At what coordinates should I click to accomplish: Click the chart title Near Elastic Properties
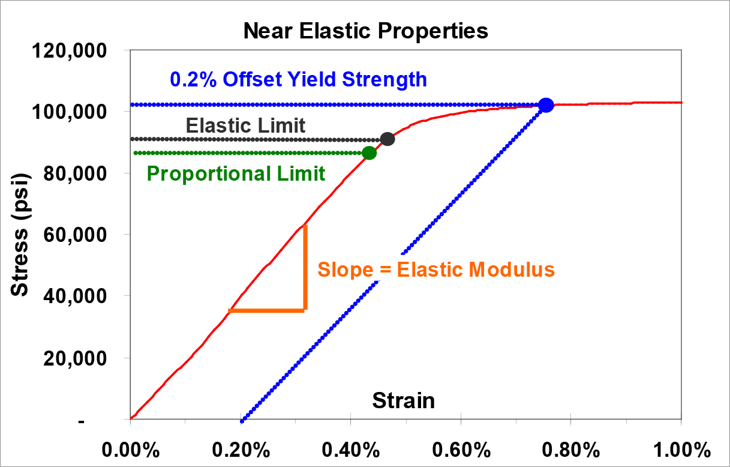(365, 31)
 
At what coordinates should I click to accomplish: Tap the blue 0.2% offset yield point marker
(546, 105)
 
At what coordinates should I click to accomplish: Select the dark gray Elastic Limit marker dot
(387, 139)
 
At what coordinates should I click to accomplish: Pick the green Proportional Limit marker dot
(369, 153)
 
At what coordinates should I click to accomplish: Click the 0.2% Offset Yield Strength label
(298, 79)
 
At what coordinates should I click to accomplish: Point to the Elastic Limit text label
(245, 125)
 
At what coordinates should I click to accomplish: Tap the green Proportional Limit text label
(236, 174)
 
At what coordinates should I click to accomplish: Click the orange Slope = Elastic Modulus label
(436, 270)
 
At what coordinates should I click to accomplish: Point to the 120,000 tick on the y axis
(76, 51)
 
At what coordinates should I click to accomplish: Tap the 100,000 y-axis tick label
(76, 112)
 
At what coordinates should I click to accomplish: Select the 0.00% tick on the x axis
(130, 450)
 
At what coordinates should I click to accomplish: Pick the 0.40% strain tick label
(351, 450)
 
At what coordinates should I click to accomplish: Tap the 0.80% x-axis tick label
(571, 450)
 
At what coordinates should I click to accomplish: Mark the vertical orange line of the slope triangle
(305, 267)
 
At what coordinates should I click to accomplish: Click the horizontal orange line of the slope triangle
(267, 310)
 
